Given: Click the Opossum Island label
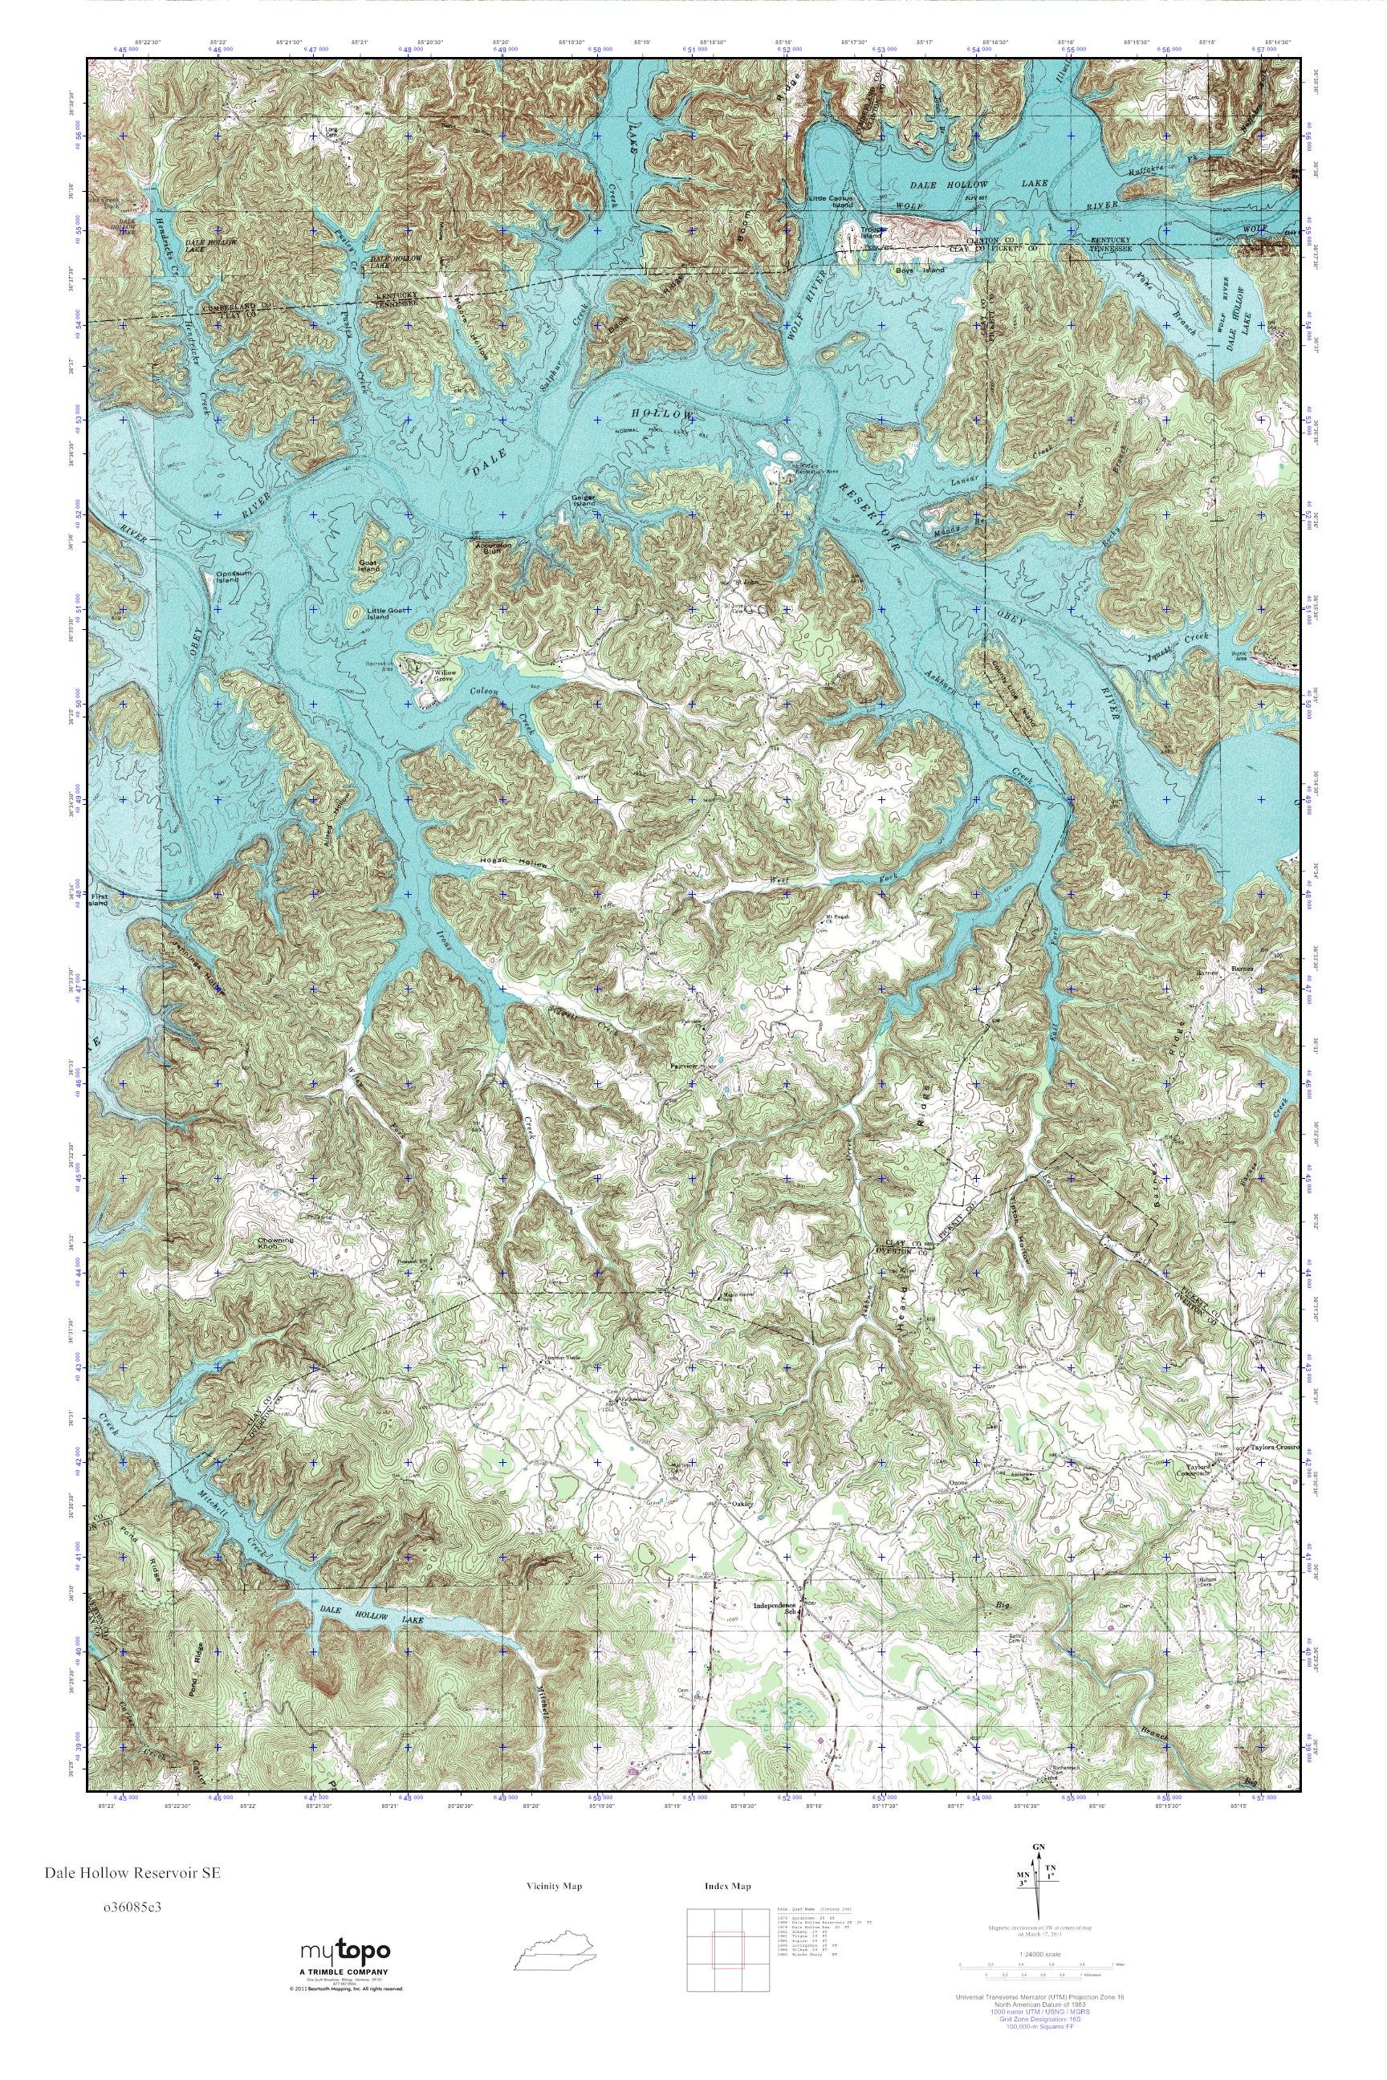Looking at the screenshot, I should coord(227,577).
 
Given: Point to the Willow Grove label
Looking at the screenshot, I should coord(443,676).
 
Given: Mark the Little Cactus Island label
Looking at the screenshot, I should coord(830,201).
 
